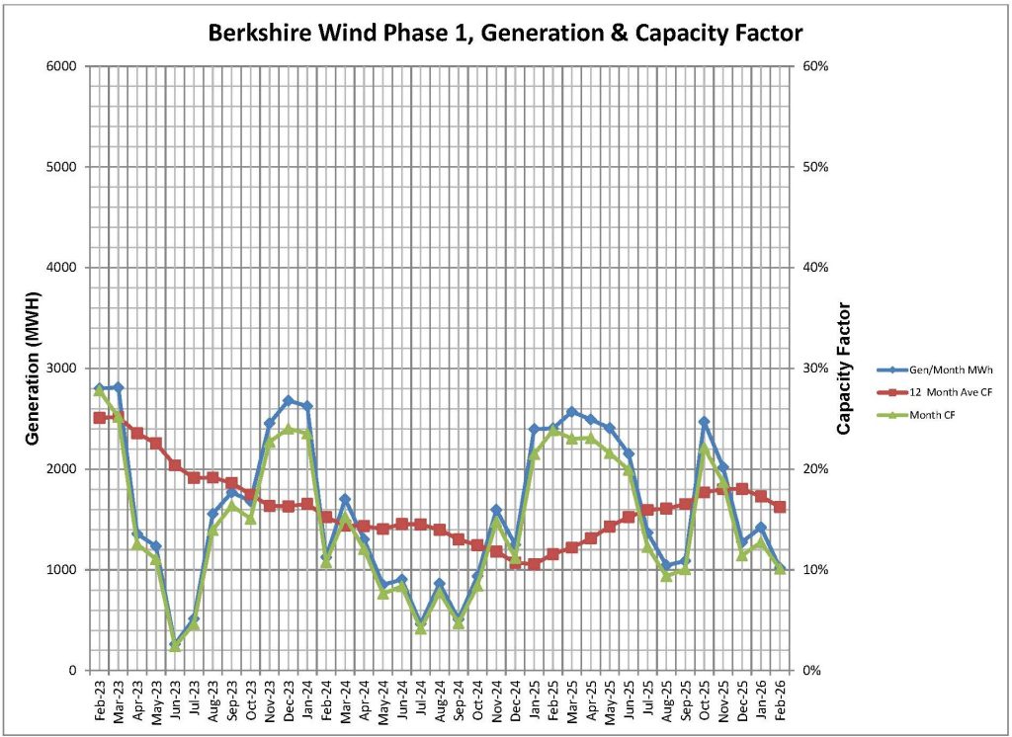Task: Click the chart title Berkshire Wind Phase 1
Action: [x=505, y=33]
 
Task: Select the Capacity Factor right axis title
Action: [x=844, y=368]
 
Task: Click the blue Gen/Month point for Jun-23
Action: [x=175, y=644]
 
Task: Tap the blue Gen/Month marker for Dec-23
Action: [x=289, y=400]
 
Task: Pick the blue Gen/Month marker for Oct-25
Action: [x=704, y=422]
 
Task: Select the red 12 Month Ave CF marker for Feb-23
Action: [x=100, y=418]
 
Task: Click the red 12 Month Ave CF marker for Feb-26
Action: [x=780, y=507]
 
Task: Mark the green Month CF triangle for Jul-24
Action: [x=421, y=628]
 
